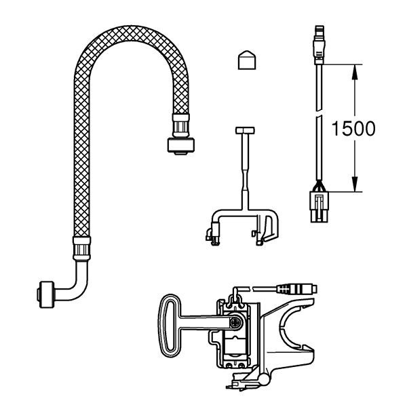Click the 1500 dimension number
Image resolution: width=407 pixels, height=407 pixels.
pyautogui.click(x=353, y=128)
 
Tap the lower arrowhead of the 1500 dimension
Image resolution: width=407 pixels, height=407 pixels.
pyautogui.click(x=355, y=185)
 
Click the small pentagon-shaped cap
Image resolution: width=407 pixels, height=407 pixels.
pyautogui.click(x=247, y=60)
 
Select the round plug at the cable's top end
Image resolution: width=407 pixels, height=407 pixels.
pyautogui.click(x=319, y=45)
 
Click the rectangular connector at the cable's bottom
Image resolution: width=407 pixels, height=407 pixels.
pyautogui.click(x=319, y=207)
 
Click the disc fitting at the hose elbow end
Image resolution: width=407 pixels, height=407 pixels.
pyautogui.click(x=46, y=294)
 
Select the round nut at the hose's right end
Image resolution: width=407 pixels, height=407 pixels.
pyautogui.click(x=180, y=146)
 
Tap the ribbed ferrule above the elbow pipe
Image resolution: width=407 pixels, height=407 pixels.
pyautogui.click(x=81, y=248)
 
